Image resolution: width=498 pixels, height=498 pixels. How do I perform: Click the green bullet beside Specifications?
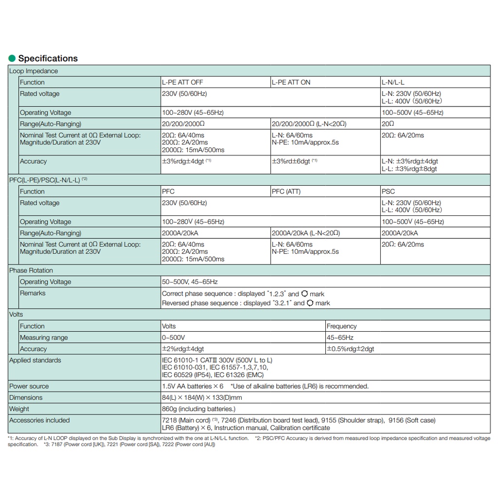(12, 59)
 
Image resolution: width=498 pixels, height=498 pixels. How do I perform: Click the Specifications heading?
(48, 58)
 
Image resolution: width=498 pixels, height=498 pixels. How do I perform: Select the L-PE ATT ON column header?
(291, 82)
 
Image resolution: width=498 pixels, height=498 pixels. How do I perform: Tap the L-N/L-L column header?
(393, 82)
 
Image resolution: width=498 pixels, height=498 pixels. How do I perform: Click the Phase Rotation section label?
(31, 270)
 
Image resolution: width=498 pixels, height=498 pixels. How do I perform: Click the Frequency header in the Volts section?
(341, 326)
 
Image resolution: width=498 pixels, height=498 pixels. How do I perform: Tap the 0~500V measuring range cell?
(173, 338)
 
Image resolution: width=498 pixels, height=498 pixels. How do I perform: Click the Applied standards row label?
(35, 360)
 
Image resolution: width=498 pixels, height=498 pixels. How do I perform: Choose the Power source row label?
(29, 386)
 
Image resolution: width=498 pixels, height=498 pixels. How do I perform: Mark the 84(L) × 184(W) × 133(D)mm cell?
(202, 398)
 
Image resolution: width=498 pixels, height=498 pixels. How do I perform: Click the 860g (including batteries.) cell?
(198, 409)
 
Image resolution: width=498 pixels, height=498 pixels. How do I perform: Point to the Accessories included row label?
(39, 420)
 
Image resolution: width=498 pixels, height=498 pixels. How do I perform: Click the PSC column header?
(389, 192)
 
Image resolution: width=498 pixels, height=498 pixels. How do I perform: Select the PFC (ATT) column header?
(286, 192)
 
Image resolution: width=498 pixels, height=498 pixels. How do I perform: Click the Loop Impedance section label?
(34, 71)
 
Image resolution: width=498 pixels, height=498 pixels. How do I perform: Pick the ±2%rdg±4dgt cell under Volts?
(183, 349)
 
